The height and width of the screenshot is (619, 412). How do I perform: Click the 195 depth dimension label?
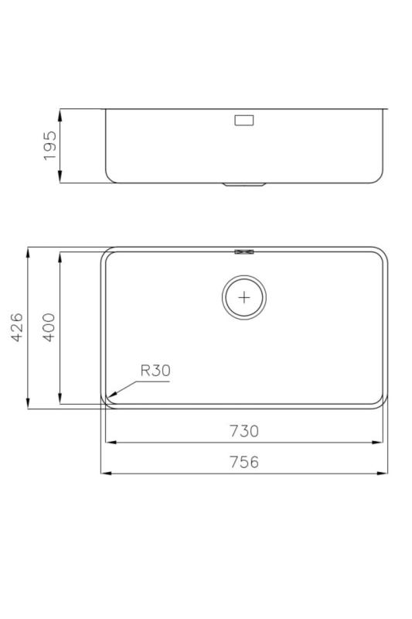(50, 145)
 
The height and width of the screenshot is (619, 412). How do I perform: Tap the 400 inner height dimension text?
(49, 328)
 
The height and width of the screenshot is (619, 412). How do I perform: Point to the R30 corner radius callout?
(155, 371)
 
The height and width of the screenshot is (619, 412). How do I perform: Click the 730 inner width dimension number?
(243, 431)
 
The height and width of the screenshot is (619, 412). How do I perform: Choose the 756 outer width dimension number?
(243, 462)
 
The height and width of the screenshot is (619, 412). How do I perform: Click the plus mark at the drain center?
(244, 297)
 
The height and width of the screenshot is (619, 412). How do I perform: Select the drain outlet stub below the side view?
(244, 185)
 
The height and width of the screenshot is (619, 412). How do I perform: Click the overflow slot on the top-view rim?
(244, 251)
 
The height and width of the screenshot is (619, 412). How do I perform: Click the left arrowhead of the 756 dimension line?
(104, 473)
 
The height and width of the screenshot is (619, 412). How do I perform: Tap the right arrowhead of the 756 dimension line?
(384, 473)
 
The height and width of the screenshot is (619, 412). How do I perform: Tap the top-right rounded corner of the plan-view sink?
(381, 254)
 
